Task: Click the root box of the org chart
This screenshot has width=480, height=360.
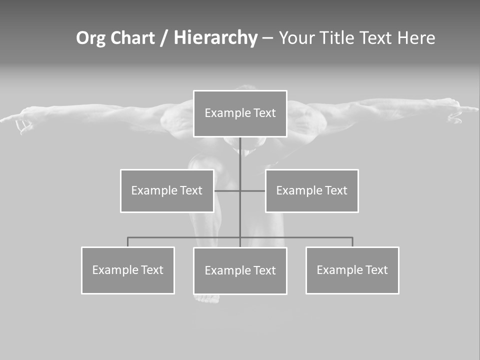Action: point(240,113)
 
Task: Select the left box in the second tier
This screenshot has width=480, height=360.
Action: point(167,190)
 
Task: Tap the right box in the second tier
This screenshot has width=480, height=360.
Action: point(311,190)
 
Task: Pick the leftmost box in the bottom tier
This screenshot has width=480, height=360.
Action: point(128,270)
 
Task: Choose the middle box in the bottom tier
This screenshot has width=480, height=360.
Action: point(240,270)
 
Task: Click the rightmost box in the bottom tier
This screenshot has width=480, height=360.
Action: point(352,270)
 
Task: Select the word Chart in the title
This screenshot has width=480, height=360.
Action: point(131,38)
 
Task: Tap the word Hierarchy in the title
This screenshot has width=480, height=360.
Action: point(215,38)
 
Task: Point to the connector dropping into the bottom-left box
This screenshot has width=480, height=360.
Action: point(128,242)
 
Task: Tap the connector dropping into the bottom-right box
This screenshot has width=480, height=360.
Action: point(352,242)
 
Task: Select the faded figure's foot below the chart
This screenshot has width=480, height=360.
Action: point(207,298)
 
